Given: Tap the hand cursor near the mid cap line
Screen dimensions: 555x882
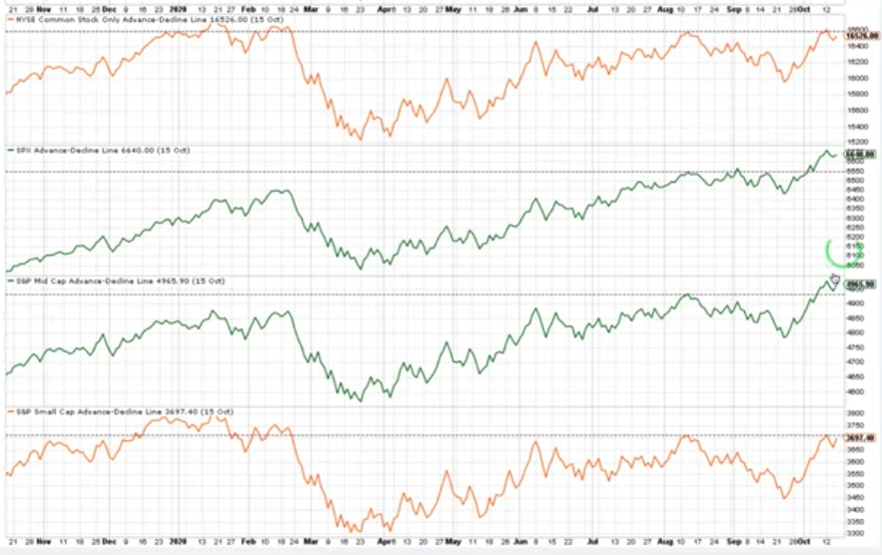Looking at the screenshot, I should pyautogui.click(x=834, y=278).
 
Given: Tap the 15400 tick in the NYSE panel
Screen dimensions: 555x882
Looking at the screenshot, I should pyautogui.click(x=858, y=127).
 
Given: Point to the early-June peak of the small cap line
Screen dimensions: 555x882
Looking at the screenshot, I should pyautogui.click(x=536, y=442).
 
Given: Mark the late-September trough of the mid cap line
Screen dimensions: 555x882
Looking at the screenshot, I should pyautogui.click(x=785, y=336).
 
